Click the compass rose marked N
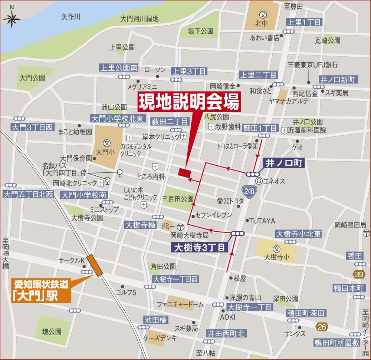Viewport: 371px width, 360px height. pos(12,17)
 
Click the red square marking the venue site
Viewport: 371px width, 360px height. pos(184,172)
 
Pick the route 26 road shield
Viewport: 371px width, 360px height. pos(322,326)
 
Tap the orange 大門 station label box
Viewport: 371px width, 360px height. pos(41,291)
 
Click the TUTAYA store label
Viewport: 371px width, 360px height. pos(262,221)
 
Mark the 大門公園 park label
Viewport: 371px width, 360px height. pos(33,78)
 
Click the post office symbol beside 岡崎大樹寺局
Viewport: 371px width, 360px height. pos(180,227)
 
